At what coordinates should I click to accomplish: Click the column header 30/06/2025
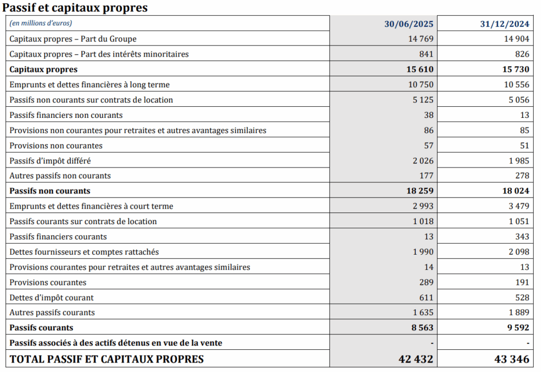click(x=408, y=24)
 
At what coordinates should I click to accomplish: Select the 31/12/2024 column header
click(x=505, y=24)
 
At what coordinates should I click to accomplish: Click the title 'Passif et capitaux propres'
click(x=75, y=7)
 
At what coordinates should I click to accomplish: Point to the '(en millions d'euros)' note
click(x=41, y=23)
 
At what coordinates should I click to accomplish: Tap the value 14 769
click(x=421, y=39)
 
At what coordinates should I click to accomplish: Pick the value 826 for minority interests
click(x=521, y=54)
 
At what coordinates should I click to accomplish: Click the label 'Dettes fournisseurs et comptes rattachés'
click(x=85, y=252)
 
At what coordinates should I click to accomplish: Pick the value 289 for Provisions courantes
click(x=425, y=282)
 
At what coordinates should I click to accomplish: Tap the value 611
click(x=426, y=297)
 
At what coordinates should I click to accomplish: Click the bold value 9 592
click(x=518, y=328)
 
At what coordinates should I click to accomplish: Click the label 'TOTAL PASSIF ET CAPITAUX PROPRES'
click(x=107, y=359)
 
